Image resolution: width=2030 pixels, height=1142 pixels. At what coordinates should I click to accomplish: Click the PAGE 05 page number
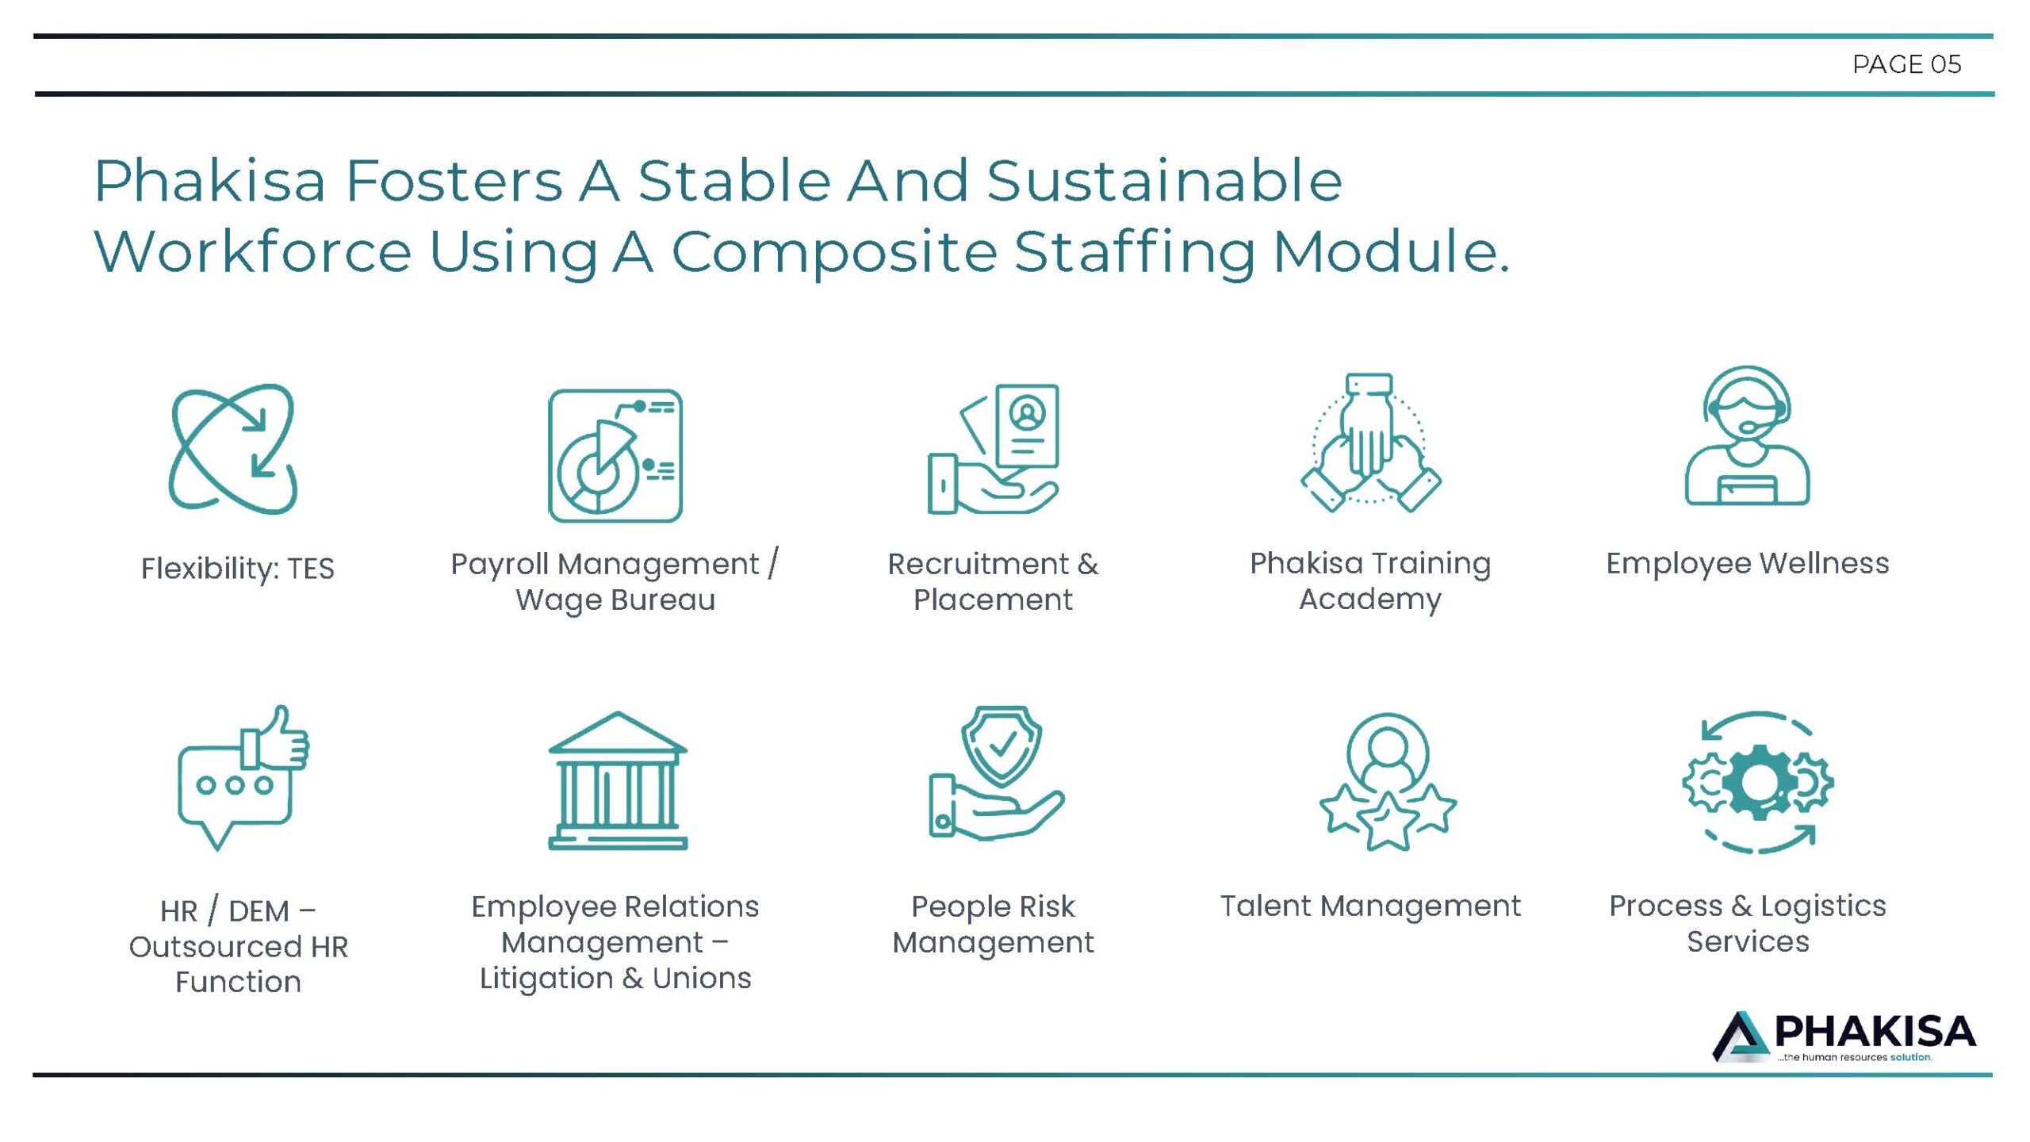(1906, 64)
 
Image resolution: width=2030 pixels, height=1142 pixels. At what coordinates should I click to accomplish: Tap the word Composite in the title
(833, 253)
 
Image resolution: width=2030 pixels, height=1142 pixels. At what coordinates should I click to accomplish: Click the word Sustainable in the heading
(1164, 181)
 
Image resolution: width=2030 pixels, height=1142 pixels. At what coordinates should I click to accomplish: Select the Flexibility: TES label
(238, 569)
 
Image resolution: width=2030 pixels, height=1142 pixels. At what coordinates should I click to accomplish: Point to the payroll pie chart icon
(615, 455)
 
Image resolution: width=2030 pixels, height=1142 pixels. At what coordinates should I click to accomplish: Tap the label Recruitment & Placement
(993, 581)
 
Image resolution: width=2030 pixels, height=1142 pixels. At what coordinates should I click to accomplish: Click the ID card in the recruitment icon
(1028, 427)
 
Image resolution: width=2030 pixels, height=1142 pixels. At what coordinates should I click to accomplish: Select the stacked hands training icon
(1370, 443)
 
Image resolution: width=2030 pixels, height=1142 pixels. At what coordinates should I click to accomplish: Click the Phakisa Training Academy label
(1370, 581)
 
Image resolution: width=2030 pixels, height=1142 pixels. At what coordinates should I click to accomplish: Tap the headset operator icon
(1747, 435)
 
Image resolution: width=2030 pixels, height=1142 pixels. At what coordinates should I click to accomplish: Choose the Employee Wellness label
(1748, 563)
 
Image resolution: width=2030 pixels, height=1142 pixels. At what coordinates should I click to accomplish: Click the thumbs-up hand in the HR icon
(277, 738)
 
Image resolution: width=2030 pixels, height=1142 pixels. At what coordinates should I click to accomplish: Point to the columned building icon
(618, 780)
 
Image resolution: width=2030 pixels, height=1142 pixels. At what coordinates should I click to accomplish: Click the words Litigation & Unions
(615, 978)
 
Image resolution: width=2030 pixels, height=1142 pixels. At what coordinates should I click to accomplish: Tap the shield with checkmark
(1001, 744)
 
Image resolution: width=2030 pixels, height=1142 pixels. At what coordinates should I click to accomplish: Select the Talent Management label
(1370, 906)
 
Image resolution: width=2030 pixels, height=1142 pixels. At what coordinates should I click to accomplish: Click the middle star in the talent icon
(1387, 821)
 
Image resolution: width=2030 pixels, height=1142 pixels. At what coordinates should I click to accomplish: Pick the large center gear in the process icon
(1758, 783)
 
